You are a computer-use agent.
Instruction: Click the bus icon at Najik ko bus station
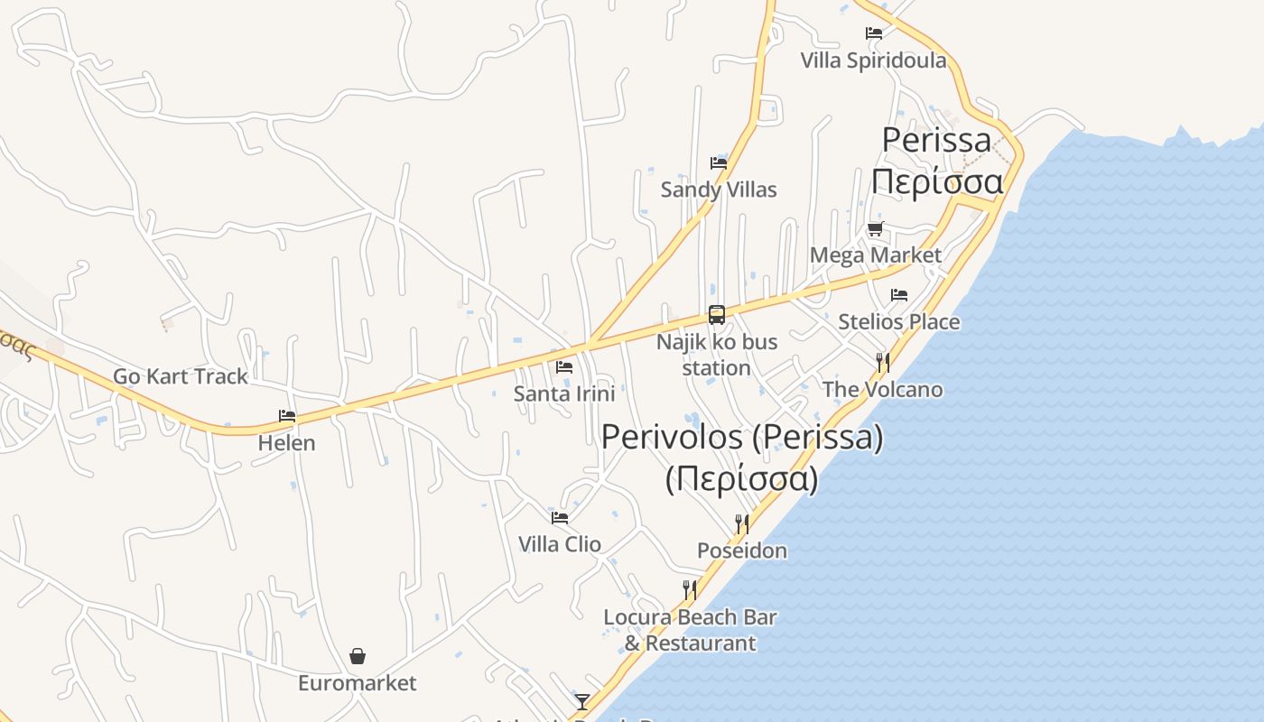[x=717, y=315]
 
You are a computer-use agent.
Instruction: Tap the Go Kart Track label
[x=180, y=376]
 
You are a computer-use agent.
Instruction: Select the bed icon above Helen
[x=287, y=416]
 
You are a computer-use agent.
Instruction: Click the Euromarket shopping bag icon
[x=358, y=656]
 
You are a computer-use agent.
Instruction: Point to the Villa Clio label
[x=560, y=544]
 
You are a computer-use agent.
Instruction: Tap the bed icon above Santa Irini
[x=564, y=367]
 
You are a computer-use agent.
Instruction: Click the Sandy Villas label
[x=719, y=190]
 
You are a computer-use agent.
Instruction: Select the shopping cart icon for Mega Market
[x=875, y=229]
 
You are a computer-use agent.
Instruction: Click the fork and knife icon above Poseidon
[x=741, y=524]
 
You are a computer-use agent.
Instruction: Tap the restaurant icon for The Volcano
[x=883, y=363]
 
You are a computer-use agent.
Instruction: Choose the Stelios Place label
[x=898, y=322]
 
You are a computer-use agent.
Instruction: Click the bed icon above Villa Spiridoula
[x=874, y=34]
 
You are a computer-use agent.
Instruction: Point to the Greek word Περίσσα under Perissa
[x=937, y=181]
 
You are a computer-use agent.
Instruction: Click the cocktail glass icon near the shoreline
[x=582, y=702]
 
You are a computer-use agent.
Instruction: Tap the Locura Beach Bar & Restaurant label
[x=691, y=630]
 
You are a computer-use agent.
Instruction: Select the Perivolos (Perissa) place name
[x=742, y=438]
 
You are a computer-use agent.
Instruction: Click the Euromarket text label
[x=358, y=683]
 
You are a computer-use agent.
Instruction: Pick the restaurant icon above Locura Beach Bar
[x=689, y=590]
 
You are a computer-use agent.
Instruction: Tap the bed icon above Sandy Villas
[x=719, y=163]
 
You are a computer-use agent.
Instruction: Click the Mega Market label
[x=875, y=255]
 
